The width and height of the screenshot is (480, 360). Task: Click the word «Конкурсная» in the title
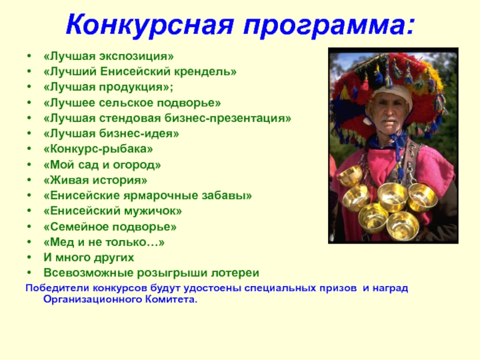[x=149, y=26]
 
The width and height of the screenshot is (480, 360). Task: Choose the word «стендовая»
[x=131, y=118]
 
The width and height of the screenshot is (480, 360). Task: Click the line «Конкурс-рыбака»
[x=98, y=149]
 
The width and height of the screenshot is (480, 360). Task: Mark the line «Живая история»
[x=95, y=181]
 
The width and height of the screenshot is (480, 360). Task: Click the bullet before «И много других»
[x=29, y=258]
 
